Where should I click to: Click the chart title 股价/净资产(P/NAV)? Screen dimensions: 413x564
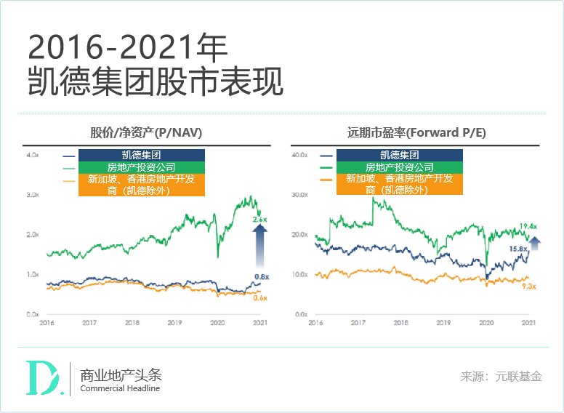tap(145, 133)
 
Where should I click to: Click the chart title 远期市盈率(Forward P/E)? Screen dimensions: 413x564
tap(416, 133)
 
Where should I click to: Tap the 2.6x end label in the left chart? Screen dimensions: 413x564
tap(259, 219)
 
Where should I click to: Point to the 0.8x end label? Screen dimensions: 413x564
tap(261, 276)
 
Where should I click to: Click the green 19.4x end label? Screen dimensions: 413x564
tap(528, 227)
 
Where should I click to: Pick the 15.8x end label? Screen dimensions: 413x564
tap(517, 249)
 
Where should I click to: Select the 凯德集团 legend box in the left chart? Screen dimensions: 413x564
tap(141, 155)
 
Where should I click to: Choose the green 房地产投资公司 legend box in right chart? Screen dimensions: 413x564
tap(399, 167)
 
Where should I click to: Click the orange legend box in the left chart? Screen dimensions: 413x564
tap(141, 185)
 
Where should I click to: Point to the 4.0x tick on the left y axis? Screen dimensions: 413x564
tap(32, 156)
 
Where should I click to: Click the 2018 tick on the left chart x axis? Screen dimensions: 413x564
tap(132, 322)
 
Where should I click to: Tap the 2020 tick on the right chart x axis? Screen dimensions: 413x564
tap(486, 322)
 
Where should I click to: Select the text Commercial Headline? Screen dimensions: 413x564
tap(120, 388)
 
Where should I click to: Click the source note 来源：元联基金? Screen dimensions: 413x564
tap(501, 377)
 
